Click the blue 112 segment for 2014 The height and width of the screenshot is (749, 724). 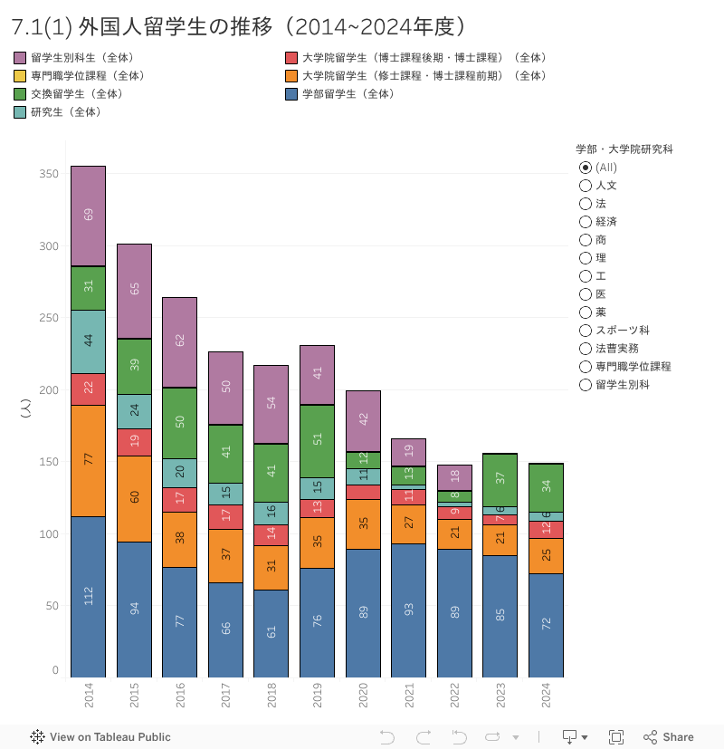89,596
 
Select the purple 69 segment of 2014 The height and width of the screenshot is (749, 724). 89,216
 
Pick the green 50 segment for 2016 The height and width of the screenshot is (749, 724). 180,422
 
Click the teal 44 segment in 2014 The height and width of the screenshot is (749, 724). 89,341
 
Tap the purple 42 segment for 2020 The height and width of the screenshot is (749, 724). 363,420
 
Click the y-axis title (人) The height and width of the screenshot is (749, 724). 25,409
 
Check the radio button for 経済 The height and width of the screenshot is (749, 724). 586,221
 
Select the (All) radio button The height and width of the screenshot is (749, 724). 586,167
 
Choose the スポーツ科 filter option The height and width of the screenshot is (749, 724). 586,330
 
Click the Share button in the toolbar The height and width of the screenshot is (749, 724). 669,736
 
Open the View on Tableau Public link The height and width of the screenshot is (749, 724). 100,736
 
